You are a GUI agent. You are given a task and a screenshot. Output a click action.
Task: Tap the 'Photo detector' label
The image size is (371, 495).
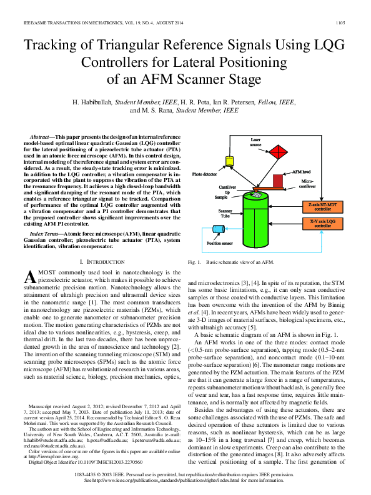pyautogui.click(x=204, y=175)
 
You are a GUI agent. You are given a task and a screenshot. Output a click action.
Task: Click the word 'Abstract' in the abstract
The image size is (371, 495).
pyautogui.click(x=42, y=136)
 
